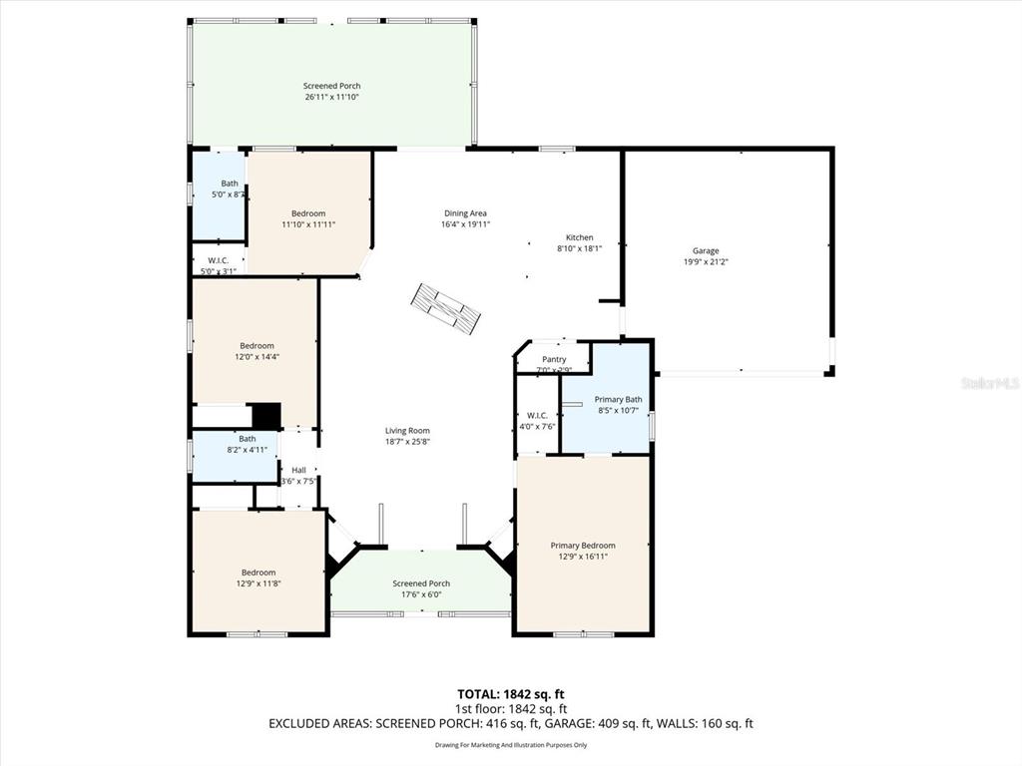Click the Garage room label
point(706,250)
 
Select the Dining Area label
point(465,212)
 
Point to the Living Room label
point(407,430)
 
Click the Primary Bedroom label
point(583,545)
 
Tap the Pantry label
point(554,359)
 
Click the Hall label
point(298,470)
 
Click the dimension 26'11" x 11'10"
point(331,97)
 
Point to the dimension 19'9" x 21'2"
point(706,262)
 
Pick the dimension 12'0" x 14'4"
point(256,357)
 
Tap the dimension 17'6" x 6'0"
point(421,594)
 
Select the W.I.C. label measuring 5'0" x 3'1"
point(219,259)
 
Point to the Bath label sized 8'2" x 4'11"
point(247,438)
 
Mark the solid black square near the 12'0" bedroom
point(265,415)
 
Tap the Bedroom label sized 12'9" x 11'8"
point(258,572)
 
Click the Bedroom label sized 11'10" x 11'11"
point(308,213)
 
